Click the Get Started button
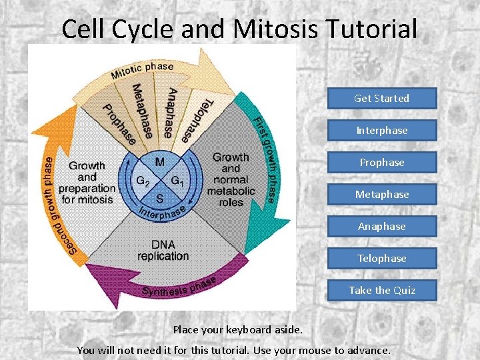[381, 99]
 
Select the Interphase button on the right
[381, 131]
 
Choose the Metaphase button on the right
[381, 195]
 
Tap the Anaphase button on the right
[381, 227]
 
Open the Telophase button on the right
[381, 259]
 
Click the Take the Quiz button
[381, 291]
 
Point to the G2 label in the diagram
[143, 181]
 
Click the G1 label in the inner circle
[177, 181]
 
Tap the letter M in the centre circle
[160, 163]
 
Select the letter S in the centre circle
[160, 198]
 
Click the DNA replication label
[163, 250]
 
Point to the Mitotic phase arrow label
[142, 70]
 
